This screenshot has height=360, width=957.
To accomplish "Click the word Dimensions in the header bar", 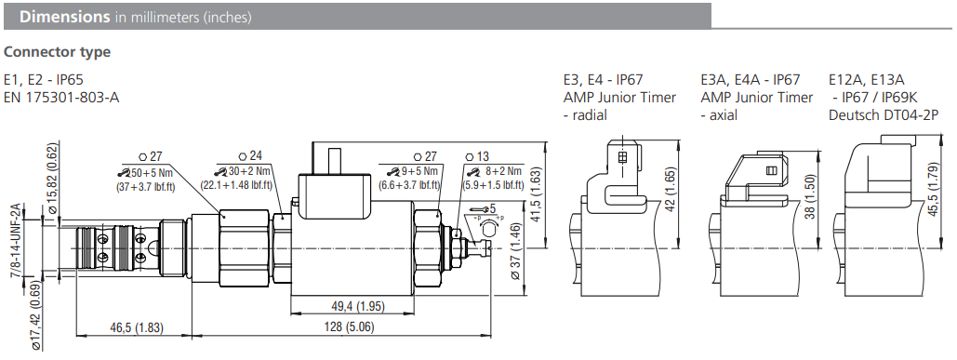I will coord(59,17).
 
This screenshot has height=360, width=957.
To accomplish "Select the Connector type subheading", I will coord(57,52).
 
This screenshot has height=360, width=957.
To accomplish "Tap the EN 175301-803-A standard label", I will coord(61,97).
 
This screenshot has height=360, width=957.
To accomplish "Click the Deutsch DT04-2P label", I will coord(873,114).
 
